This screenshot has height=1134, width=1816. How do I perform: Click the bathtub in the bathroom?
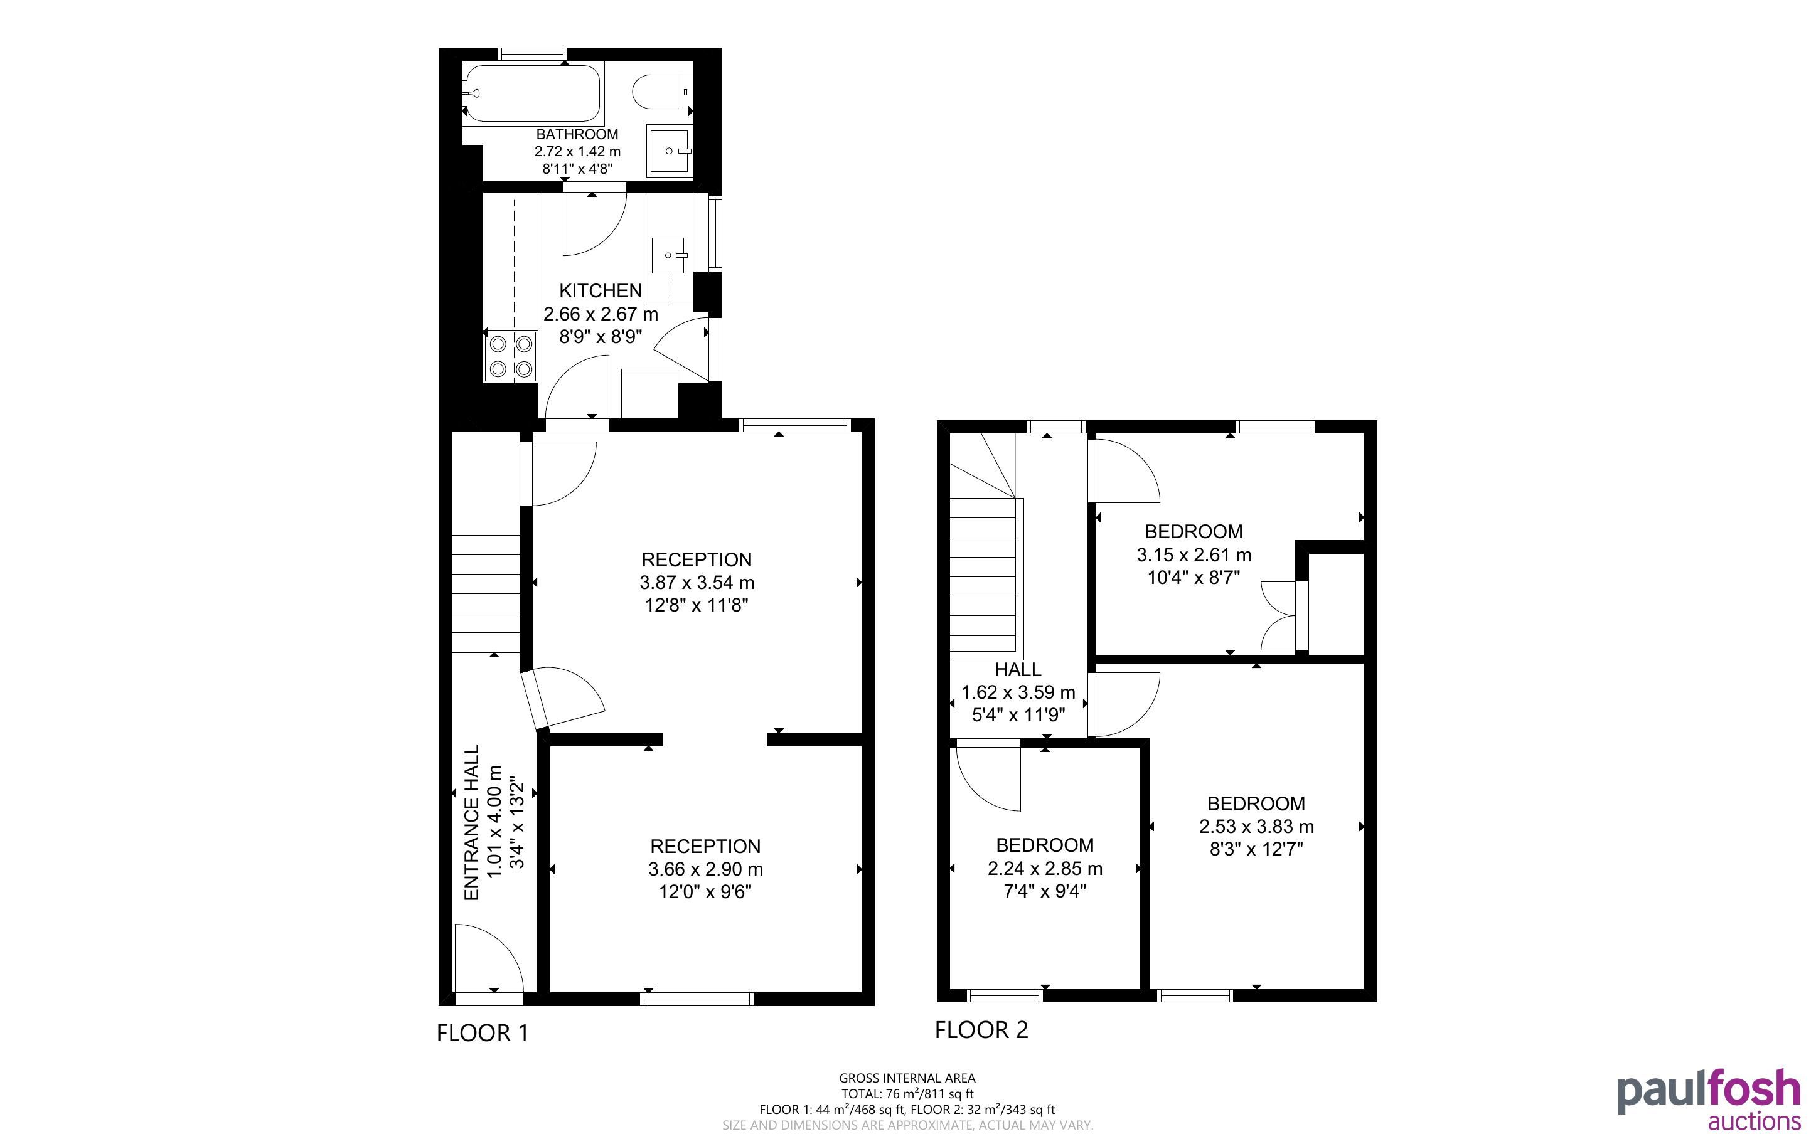(533, 93)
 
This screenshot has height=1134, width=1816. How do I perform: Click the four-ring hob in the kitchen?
(510, 356)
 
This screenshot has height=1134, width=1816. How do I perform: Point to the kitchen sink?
(670, 256)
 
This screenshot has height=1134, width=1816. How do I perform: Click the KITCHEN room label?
(601, 291)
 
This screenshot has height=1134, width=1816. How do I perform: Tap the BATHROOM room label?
(577, 135)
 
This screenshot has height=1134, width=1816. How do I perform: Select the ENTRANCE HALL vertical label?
(472, 823)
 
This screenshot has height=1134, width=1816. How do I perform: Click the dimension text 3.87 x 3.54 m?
(698, 583)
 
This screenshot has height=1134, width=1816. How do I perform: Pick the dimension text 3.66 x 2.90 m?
(706, 869)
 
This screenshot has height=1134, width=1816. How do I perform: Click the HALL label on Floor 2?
(1018, 670)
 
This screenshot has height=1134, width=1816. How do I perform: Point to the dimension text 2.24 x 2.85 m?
(1045, 869)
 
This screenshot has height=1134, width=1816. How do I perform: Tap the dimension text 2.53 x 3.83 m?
(1256, 827)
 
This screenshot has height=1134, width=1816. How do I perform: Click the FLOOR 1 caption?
(483, 1034)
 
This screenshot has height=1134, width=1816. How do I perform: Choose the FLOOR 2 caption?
(981, 1031)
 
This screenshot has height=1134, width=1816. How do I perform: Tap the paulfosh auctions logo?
(1709, 1100)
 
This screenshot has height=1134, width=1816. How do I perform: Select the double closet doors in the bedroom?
(1279, 615)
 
